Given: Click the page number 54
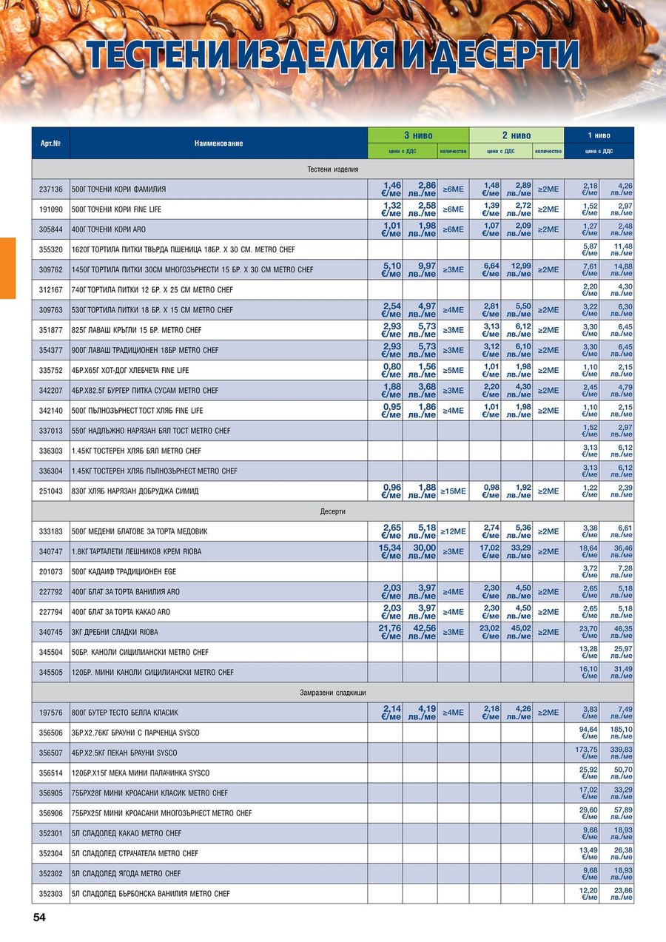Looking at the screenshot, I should tap(39, 918).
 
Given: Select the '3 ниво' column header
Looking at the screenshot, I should tap(418, 135).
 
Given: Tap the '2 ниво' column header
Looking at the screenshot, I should tap(516, 135).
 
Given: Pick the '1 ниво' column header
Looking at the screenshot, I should tap(599, 135).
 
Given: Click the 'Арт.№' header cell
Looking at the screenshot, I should tap(50, 143).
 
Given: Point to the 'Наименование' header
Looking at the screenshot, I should tap(218, 143).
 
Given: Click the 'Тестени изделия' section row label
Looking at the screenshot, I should tap(332, 169).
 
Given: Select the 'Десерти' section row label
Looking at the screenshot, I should tap(332, 511).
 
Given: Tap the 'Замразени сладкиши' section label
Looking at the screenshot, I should tap(332, 693).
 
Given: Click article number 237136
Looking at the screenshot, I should tap(50, 189).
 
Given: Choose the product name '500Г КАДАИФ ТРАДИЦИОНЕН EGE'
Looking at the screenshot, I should tap(124, 572).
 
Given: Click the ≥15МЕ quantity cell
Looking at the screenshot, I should tap(453, 491).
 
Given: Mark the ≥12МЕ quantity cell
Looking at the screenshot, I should tap(453, 531).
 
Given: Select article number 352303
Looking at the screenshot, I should tap(50, 894).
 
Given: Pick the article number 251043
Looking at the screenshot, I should tap(50, 491).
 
